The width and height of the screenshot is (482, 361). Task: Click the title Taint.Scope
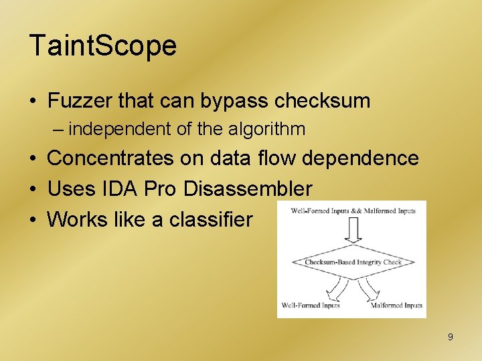[103, 46]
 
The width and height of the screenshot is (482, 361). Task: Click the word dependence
[361, 158]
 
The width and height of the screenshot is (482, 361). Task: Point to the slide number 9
[450, 337]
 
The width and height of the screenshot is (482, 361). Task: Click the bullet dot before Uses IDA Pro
[32, 189]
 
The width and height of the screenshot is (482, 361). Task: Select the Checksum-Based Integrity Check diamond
[353, 262]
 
